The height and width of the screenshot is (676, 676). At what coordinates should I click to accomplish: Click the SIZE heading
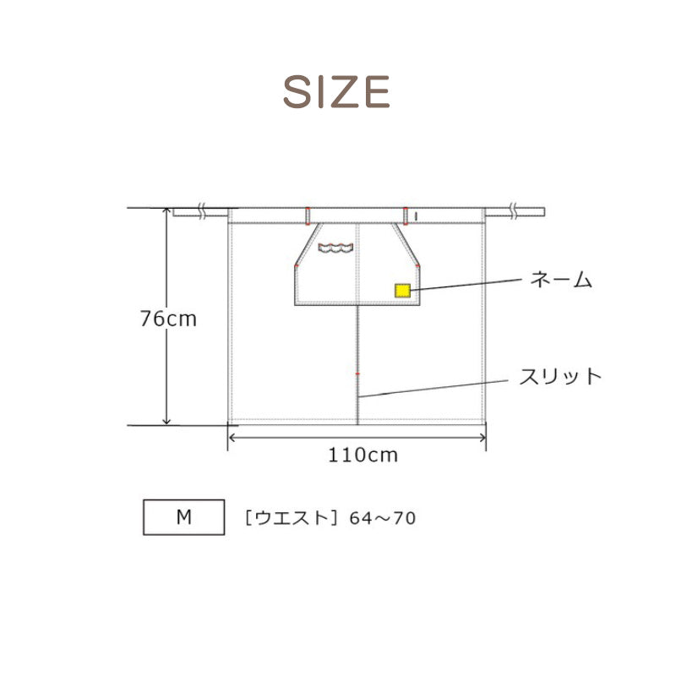click(x=336, y=91)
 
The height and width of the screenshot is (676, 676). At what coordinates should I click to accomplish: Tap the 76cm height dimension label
click(x=168, y=319)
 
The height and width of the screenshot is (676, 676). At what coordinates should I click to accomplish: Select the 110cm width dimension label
click(x=363, y=455)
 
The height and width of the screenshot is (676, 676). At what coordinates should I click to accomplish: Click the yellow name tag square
click(x=402, y=291)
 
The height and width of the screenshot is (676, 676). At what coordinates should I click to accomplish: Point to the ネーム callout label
click(x=561, y=280)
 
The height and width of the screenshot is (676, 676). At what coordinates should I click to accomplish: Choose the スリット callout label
click(x=560, y=376)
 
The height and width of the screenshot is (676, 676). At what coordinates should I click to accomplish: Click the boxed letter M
click(x=184, y=517)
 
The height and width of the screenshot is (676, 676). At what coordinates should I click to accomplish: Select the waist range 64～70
click(x=383, y=518)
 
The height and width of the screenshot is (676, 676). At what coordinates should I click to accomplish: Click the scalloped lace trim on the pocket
click(x=335, y=248)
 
